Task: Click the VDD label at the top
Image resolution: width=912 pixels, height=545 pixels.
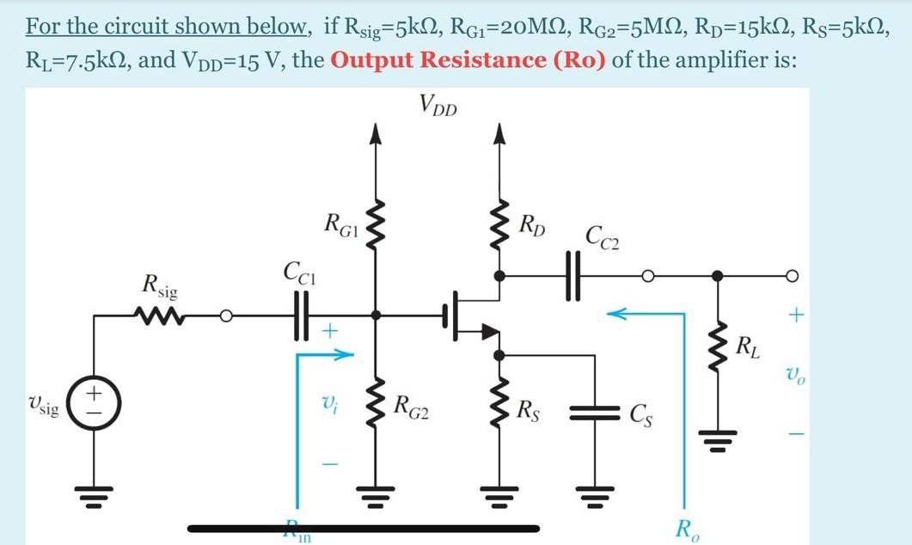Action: click(x=438, y=106)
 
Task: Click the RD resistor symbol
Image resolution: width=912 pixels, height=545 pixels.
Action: click(x=498, y=230)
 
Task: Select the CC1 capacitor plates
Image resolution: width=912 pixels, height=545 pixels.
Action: click(x=301, y=315)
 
